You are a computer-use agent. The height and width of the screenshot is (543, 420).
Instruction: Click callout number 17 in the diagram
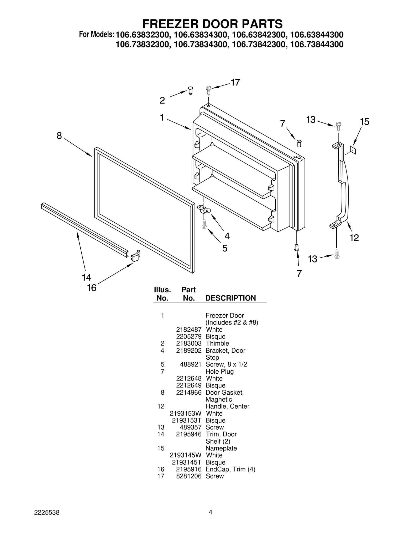(235, 82)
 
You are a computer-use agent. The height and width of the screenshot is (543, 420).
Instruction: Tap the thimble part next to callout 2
(191, 91)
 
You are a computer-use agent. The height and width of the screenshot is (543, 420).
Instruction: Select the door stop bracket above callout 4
(204, 209)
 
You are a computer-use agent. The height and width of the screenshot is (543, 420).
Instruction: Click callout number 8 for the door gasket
(59, 136)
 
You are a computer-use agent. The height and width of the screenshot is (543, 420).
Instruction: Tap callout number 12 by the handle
(354, 238)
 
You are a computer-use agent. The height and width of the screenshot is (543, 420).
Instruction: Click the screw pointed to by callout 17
(209, 90)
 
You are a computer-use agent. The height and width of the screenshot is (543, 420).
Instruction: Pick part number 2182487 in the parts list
(189, 330)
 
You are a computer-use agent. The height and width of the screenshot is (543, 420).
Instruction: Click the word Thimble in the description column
(217, 343)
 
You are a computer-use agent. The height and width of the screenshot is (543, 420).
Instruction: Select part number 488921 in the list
(191, 364)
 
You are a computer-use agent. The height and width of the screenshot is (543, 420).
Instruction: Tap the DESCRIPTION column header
(230, 298)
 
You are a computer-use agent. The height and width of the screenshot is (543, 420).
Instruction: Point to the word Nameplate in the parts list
(221, 448)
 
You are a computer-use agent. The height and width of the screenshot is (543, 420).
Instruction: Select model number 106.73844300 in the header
(317, 45)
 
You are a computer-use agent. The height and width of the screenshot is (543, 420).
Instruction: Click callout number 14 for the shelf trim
(86, 277)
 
